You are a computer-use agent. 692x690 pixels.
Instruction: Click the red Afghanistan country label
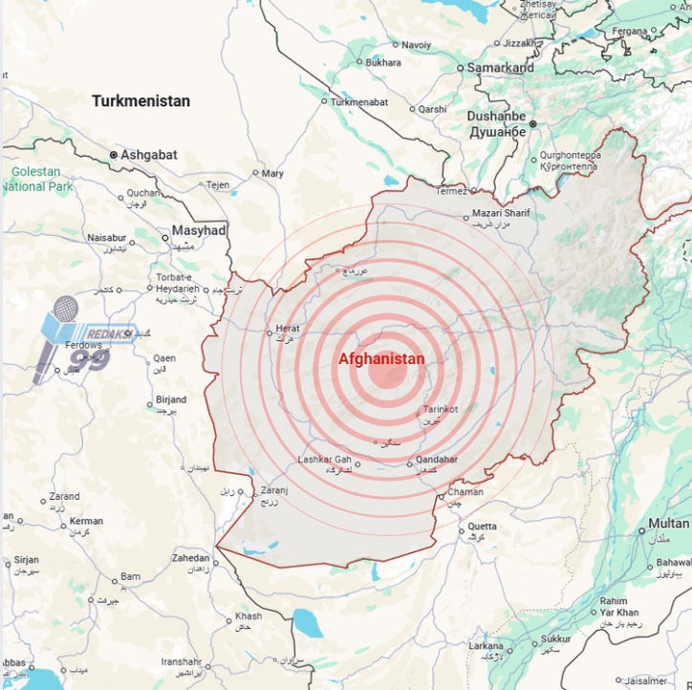click(x=381, y=358)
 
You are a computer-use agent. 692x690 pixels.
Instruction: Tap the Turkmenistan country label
click(x=141, y=101)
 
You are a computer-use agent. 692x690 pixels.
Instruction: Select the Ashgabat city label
click(x=148, y=154)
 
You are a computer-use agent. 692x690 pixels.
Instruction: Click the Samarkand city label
click(x=499, y=68)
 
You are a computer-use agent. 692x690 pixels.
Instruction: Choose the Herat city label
click(x=288, y=328)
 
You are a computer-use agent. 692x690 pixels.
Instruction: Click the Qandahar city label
click(x=437, y=460)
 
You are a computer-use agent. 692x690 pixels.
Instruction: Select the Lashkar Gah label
click(x=325, y=460)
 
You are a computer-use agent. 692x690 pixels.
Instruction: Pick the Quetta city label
click(x=482, y=526)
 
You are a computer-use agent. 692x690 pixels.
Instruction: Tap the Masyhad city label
click(x=199, y=230)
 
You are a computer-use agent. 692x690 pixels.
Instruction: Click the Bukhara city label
click(x=383, y=62)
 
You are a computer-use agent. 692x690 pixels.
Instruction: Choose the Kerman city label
click(x=86, y=521)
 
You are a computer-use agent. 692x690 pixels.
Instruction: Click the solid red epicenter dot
click(x=386, y=373)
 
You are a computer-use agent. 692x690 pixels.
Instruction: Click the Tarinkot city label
click(x=441, y=409)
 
